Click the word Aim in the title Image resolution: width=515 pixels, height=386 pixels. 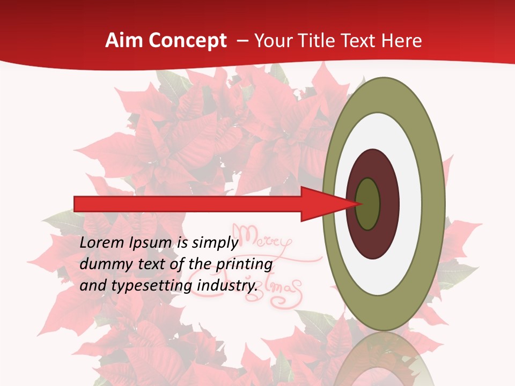(x=124, y=41)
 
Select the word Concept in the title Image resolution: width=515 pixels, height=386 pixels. (x=187, y=41)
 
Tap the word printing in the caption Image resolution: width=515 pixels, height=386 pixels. (x=244, y=264)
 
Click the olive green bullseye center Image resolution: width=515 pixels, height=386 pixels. (x=368, y=204)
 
